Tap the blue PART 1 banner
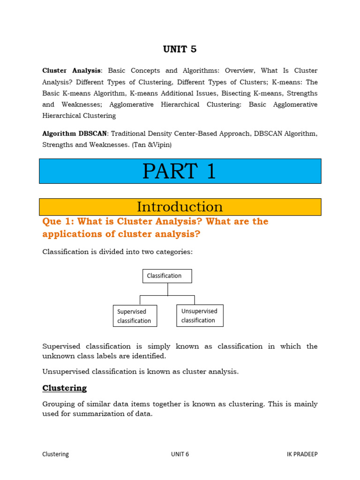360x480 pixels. [x=180, y=171]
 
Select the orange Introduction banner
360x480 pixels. [x=180, y=207]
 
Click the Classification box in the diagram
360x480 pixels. [x=167, y=276]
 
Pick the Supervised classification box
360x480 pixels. [x=135, y=316]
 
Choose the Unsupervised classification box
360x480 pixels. [x=199, y=315]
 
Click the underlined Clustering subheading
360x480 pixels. [x=65, y=388]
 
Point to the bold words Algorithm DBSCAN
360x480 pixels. [x=75, y=134]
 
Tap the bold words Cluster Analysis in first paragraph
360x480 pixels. [x=71, y=71]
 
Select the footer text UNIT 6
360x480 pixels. [x=180, y=454]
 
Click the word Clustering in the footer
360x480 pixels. [x=55, y=454]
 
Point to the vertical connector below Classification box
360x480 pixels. [x=167, y=289]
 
